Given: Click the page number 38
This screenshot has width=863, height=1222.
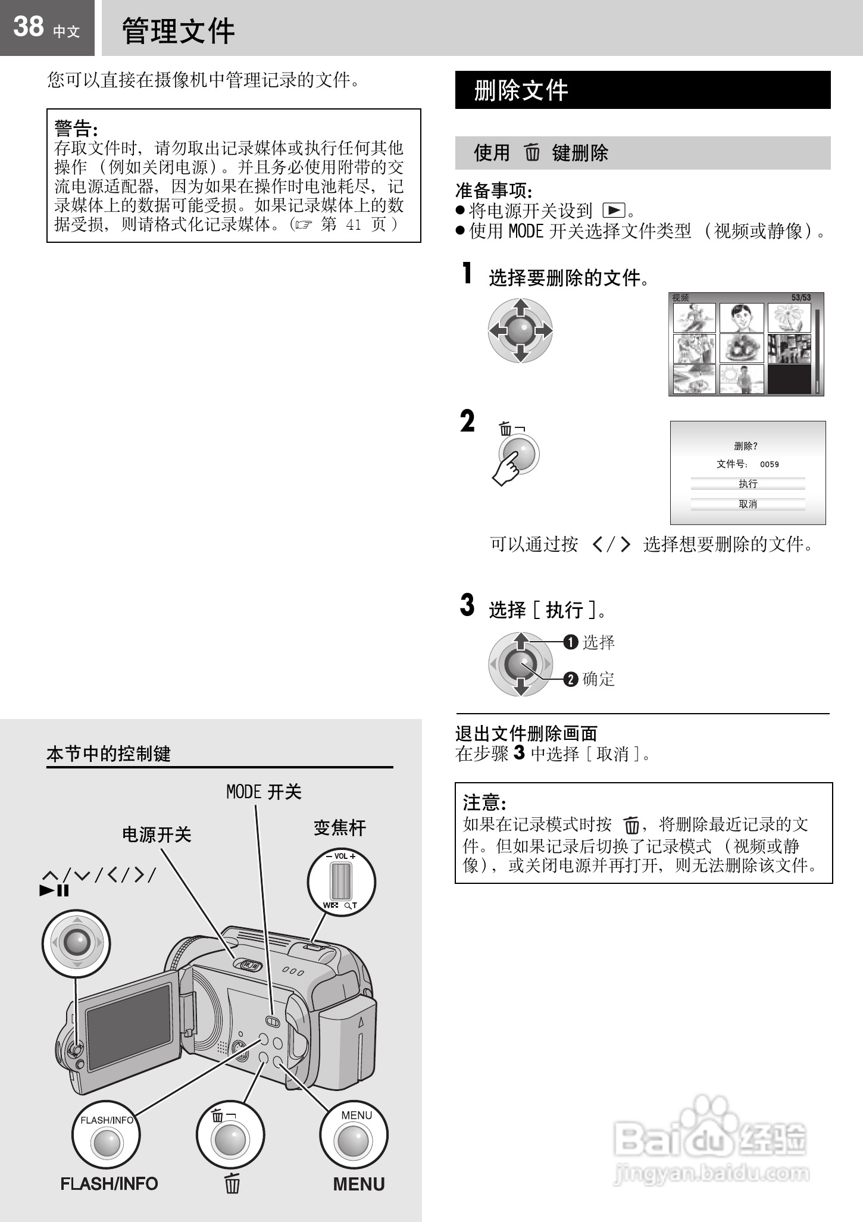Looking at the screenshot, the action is tap(28, 26).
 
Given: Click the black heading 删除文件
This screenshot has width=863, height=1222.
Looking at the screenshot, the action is tap(521, 90).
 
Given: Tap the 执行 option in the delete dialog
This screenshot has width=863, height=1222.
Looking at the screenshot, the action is tap(748, 484).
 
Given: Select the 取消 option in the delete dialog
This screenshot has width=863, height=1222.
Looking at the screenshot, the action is tap(748, 504).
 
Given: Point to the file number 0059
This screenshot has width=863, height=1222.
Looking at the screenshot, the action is tap(770, 464).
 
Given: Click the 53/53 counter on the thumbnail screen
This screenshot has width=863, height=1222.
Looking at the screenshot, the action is tap(801, 298).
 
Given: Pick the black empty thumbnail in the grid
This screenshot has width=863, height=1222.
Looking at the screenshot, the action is tap(789, 379).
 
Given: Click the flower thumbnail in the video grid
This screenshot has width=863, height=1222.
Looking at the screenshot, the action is tap(789, 318).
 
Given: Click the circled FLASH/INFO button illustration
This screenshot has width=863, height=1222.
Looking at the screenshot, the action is tap(107, 1135).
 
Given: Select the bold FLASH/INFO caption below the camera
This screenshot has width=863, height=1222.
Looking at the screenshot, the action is tap(109, 1184).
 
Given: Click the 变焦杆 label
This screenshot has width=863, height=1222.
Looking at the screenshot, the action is tap(340, 828).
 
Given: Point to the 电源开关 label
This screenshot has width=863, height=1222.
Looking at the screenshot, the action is tap(157, 835).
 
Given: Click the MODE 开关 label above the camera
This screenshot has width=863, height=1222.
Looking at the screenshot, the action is tap(264, 792).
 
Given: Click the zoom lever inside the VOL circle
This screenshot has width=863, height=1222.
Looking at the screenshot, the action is tap(341, 882).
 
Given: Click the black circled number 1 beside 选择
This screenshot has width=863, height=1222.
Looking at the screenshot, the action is tap(571, 642).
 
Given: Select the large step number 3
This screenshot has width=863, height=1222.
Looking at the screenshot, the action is tap(467, 605).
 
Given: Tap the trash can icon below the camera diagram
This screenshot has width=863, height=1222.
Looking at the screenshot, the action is tap(232, 1183).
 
